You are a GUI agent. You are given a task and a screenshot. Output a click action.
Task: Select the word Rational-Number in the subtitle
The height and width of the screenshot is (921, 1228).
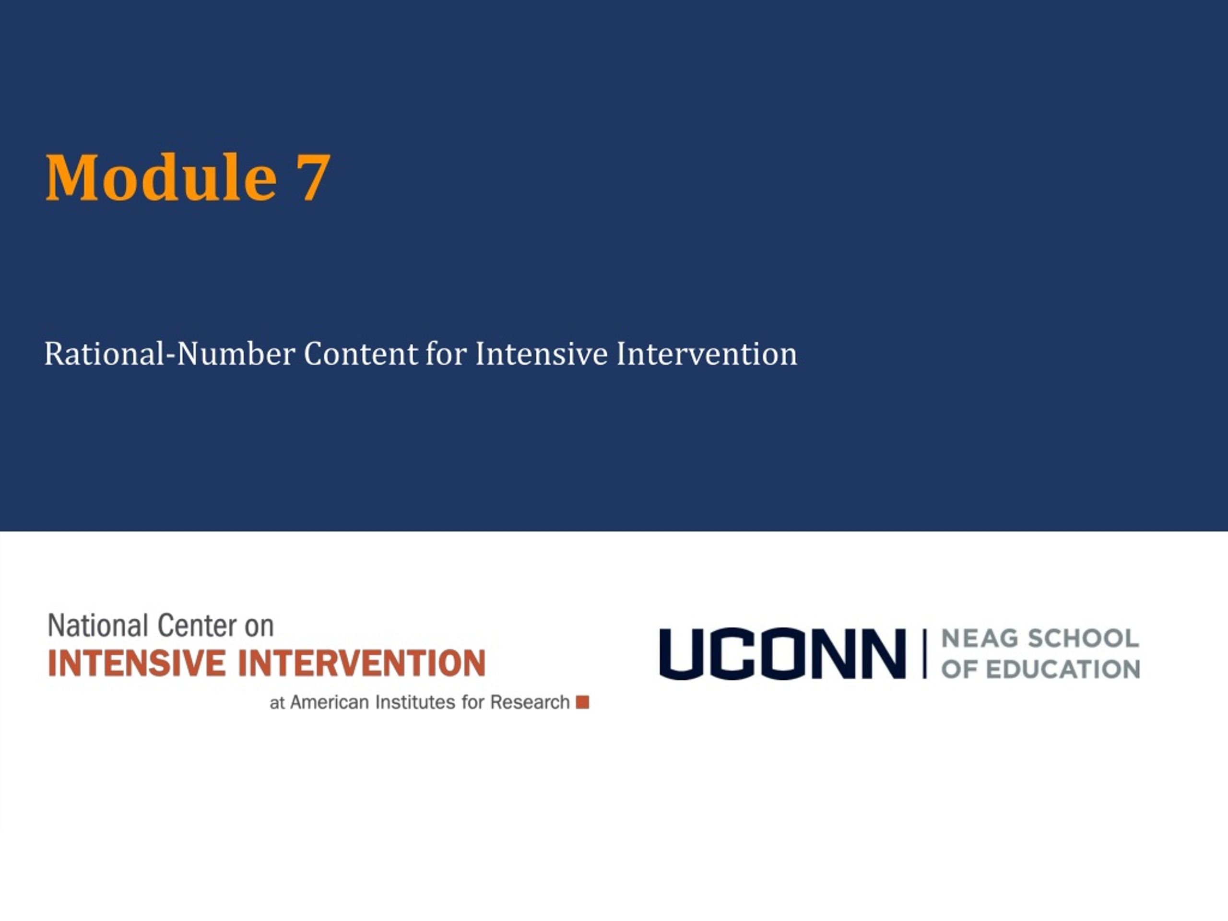point(170,354)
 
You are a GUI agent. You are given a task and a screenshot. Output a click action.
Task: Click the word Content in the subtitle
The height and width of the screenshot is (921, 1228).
point(361,354)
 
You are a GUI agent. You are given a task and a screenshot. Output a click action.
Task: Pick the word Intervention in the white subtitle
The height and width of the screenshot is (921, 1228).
point(707,354)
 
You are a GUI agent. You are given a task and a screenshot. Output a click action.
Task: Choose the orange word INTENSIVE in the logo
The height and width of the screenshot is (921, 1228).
point(137,663)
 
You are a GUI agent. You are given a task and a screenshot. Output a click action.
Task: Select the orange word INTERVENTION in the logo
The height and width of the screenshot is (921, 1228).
point(362,663)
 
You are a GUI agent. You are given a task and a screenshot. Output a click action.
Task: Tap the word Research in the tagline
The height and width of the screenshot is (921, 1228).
point(530,702)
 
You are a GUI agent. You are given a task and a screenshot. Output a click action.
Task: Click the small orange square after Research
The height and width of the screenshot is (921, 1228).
point(582,702)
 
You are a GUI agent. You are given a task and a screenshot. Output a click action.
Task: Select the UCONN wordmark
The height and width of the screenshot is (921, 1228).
point(783,654)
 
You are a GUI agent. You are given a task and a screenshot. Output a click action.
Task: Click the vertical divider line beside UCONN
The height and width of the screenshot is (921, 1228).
point(924,654)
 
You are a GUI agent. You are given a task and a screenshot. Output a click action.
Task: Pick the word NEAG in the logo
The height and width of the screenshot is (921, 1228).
point(980,638)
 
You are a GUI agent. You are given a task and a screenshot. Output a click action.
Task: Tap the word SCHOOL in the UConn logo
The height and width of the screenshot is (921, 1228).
point(1084,638)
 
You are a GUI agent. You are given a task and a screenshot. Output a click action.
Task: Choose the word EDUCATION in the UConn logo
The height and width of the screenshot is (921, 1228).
point(1063,670)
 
